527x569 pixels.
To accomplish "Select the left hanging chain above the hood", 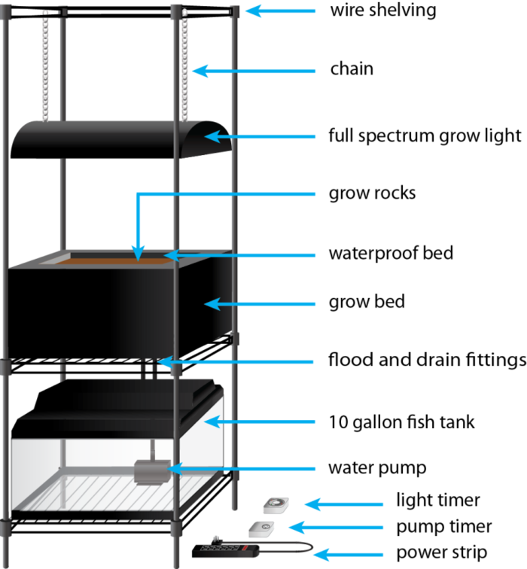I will (44, 68).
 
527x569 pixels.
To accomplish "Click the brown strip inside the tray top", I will (113, 260).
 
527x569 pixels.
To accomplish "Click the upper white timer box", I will (275, 505).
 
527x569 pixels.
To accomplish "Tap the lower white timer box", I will (261, 528).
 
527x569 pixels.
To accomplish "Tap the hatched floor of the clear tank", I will (113, 493).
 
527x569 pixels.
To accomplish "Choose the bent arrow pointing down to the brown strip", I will (138, 226).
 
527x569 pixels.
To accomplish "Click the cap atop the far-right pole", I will (234, 11).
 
